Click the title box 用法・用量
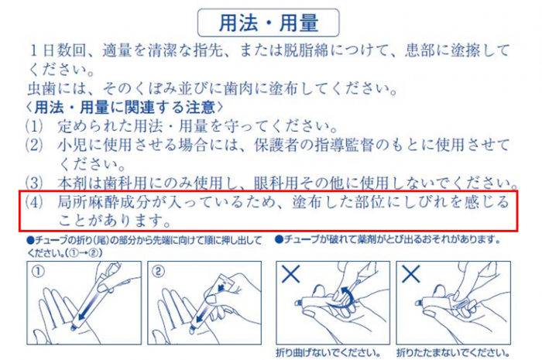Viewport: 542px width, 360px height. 268,22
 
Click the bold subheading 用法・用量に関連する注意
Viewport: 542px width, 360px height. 125,108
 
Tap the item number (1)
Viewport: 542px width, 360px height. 34,126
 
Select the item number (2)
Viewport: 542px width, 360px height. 34,145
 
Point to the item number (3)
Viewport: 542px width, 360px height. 34,183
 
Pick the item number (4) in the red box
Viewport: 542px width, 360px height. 34,202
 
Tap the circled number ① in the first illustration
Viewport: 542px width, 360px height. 38,272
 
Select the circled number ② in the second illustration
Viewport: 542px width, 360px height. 158,272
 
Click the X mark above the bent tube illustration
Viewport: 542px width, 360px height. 290,274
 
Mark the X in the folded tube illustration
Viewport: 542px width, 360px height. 410,274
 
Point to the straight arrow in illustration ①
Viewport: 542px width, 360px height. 91,301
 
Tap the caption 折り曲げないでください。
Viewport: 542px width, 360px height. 328,353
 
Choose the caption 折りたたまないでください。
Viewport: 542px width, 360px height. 453,353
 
